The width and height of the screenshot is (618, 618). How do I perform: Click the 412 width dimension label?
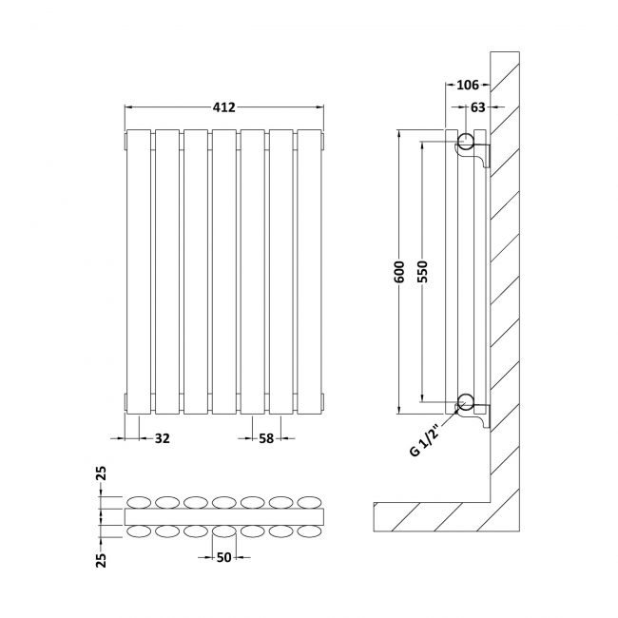pos(224,107)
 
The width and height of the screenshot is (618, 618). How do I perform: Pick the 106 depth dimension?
pos(467,86)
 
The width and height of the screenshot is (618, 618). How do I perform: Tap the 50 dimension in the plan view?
pos(224,557)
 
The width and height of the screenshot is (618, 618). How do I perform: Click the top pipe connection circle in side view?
pos(466,144)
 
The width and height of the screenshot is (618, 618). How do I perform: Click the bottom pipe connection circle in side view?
pos(466,401)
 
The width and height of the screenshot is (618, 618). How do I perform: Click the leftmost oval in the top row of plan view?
pos(140,501)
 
